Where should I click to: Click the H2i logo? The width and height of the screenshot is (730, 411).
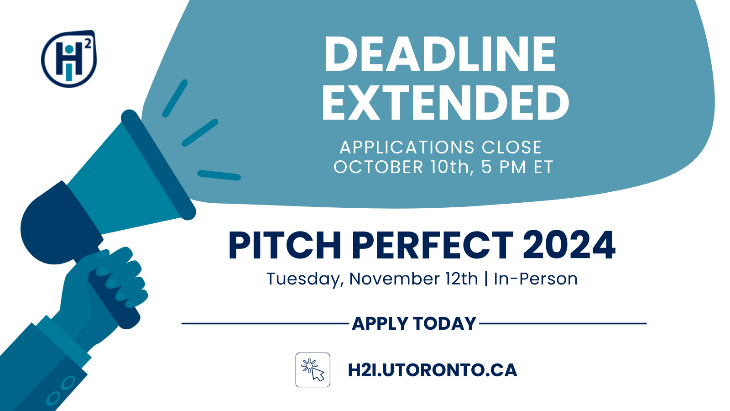(69, 59)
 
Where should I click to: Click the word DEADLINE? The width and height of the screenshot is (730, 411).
(440, 54)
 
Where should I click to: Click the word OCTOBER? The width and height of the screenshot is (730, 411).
(378, 167)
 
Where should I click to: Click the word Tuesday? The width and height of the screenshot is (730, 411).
(305, 279)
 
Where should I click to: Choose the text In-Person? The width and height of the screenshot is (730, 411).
(536, 279)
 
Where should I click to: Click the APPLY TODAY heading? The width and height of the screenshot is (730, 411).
(414, 324)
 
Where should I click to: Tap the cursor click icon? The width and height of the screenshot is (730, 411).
(313, 370)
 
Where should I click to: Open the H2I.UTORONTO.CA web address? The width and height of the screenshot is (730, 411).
(433, 370)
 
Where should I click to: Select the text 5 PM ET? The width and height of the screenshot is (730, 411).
(517, 167)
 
